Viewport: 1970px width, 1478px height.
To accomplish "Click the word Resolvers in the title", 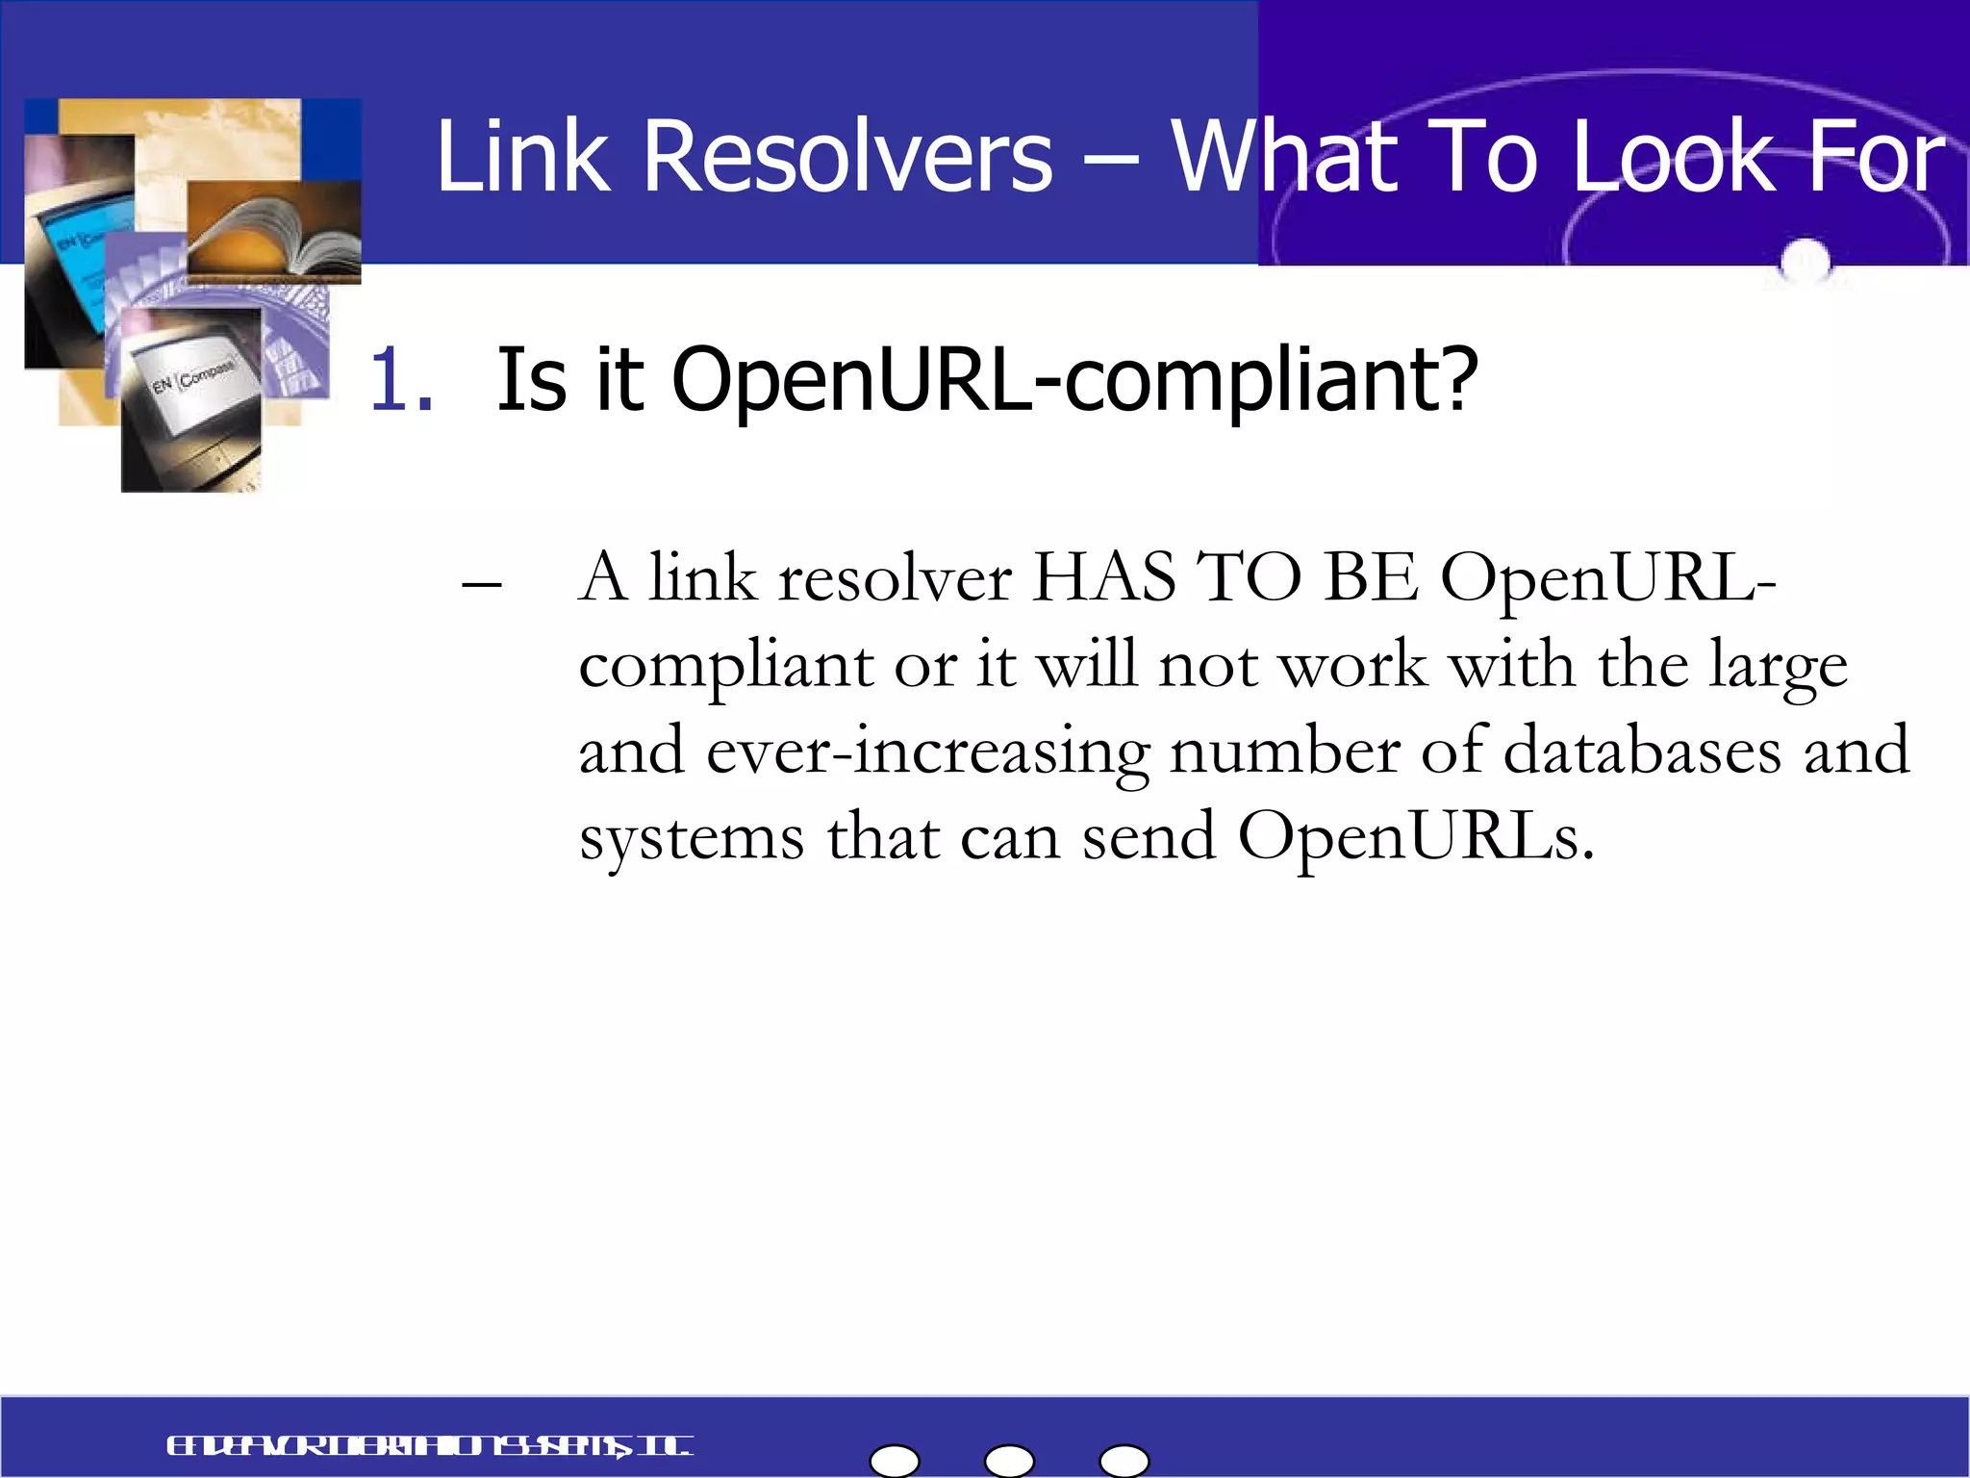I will [847, 156].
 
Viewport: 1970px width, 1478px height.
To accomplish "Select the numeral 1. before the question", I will [400, 381].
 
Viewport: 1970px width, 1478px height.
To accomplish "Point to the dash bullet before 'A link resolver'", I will [481, 585].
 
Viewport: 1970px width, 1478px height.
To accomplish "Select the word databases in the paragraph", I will [1641, 752].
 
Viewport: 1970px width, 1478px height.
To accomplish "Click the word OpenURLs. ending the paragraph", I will [1415, 836].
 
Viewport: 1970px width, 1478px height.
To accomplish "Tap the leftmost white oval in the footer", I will [895, 1461].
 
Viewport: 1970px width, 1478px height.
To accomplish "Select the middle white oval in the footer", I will [1009, 1461].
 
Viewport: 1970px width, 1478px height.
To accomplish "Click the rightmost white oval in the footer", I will [1124, 1461].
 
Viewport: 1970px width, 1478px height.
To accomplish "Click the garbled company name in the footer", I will [429, 1446].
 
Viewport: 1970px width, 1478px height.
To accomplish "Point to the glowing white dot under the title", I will [1805, 260].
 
